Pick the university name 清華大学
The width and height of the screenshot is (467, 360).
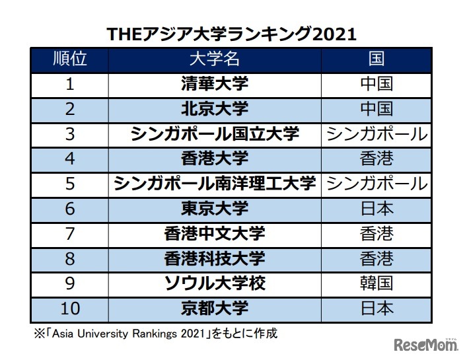(215, 84)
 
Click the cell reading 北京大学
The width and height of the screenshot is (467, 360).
(215, 109)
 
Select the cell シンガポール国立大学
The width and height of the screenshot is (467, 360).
(215, 134)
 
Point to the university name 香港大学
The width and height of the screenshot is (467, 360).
(215, 159)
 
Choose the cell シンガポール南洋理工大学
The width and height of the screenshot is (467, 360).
(215, 184)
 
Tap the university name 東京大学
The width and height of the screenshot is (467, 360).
(215, 209)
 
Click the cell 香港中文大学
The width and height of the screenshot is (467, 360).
(215, 234)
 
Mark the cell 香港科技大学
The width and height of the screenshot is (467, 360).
(215, 258)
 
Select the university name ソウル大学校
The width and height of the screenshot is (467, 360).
(215, 283)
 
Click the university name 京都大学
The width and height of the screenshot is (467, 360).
(215, 308)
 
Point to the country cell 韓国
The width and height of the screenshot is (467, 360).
(376, 283)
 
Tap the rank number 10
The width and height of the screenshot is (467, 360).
(70, 308)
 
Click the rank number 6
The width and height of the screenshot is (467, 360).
(70, 209)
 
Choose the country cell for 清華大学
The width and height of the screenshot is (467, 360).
(376, 84)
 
